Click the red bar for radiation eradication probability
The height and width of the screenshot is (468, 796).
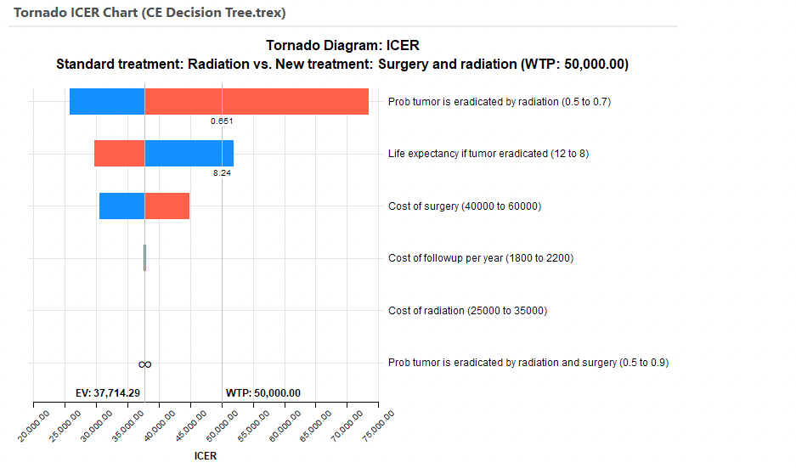point(257,102)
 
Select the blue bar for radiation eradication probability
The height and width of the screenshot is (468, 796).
point(107,102)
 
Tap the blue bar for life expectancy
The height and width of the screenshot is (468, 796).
point(189,154)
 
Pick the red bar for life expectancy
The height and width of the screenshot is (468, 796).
point(119,154)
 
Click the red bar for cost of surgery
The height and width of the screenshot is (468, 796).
point(167,206)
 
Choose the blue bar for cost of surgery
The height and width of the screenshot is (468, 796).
point(121,206)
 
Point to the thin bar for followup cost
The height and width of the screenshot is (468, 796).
point(144,258)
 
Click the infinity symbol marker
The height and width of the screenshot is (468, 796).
point(145,364)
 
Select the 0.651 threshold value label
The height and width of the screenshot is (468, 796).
point(222,121)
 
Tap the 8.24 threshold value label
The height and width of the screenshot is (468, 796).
point(222,172)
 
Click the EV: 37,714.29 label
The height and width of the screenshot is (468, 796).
point(108,393)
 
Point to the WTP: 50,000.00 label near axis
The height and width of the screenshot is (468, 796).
point(263,393)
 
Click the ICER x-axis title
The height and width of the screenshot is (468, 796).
point(206,456)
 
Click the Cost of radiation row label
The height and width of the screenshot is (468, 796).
point(467,311)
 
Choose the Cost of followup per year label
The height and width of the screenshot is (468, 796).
point(480,258)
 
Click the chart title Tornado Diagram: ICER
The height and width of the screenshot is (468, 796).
point(342,46)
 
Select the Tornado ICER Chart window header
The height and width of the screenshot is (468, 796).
point(150,14)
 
